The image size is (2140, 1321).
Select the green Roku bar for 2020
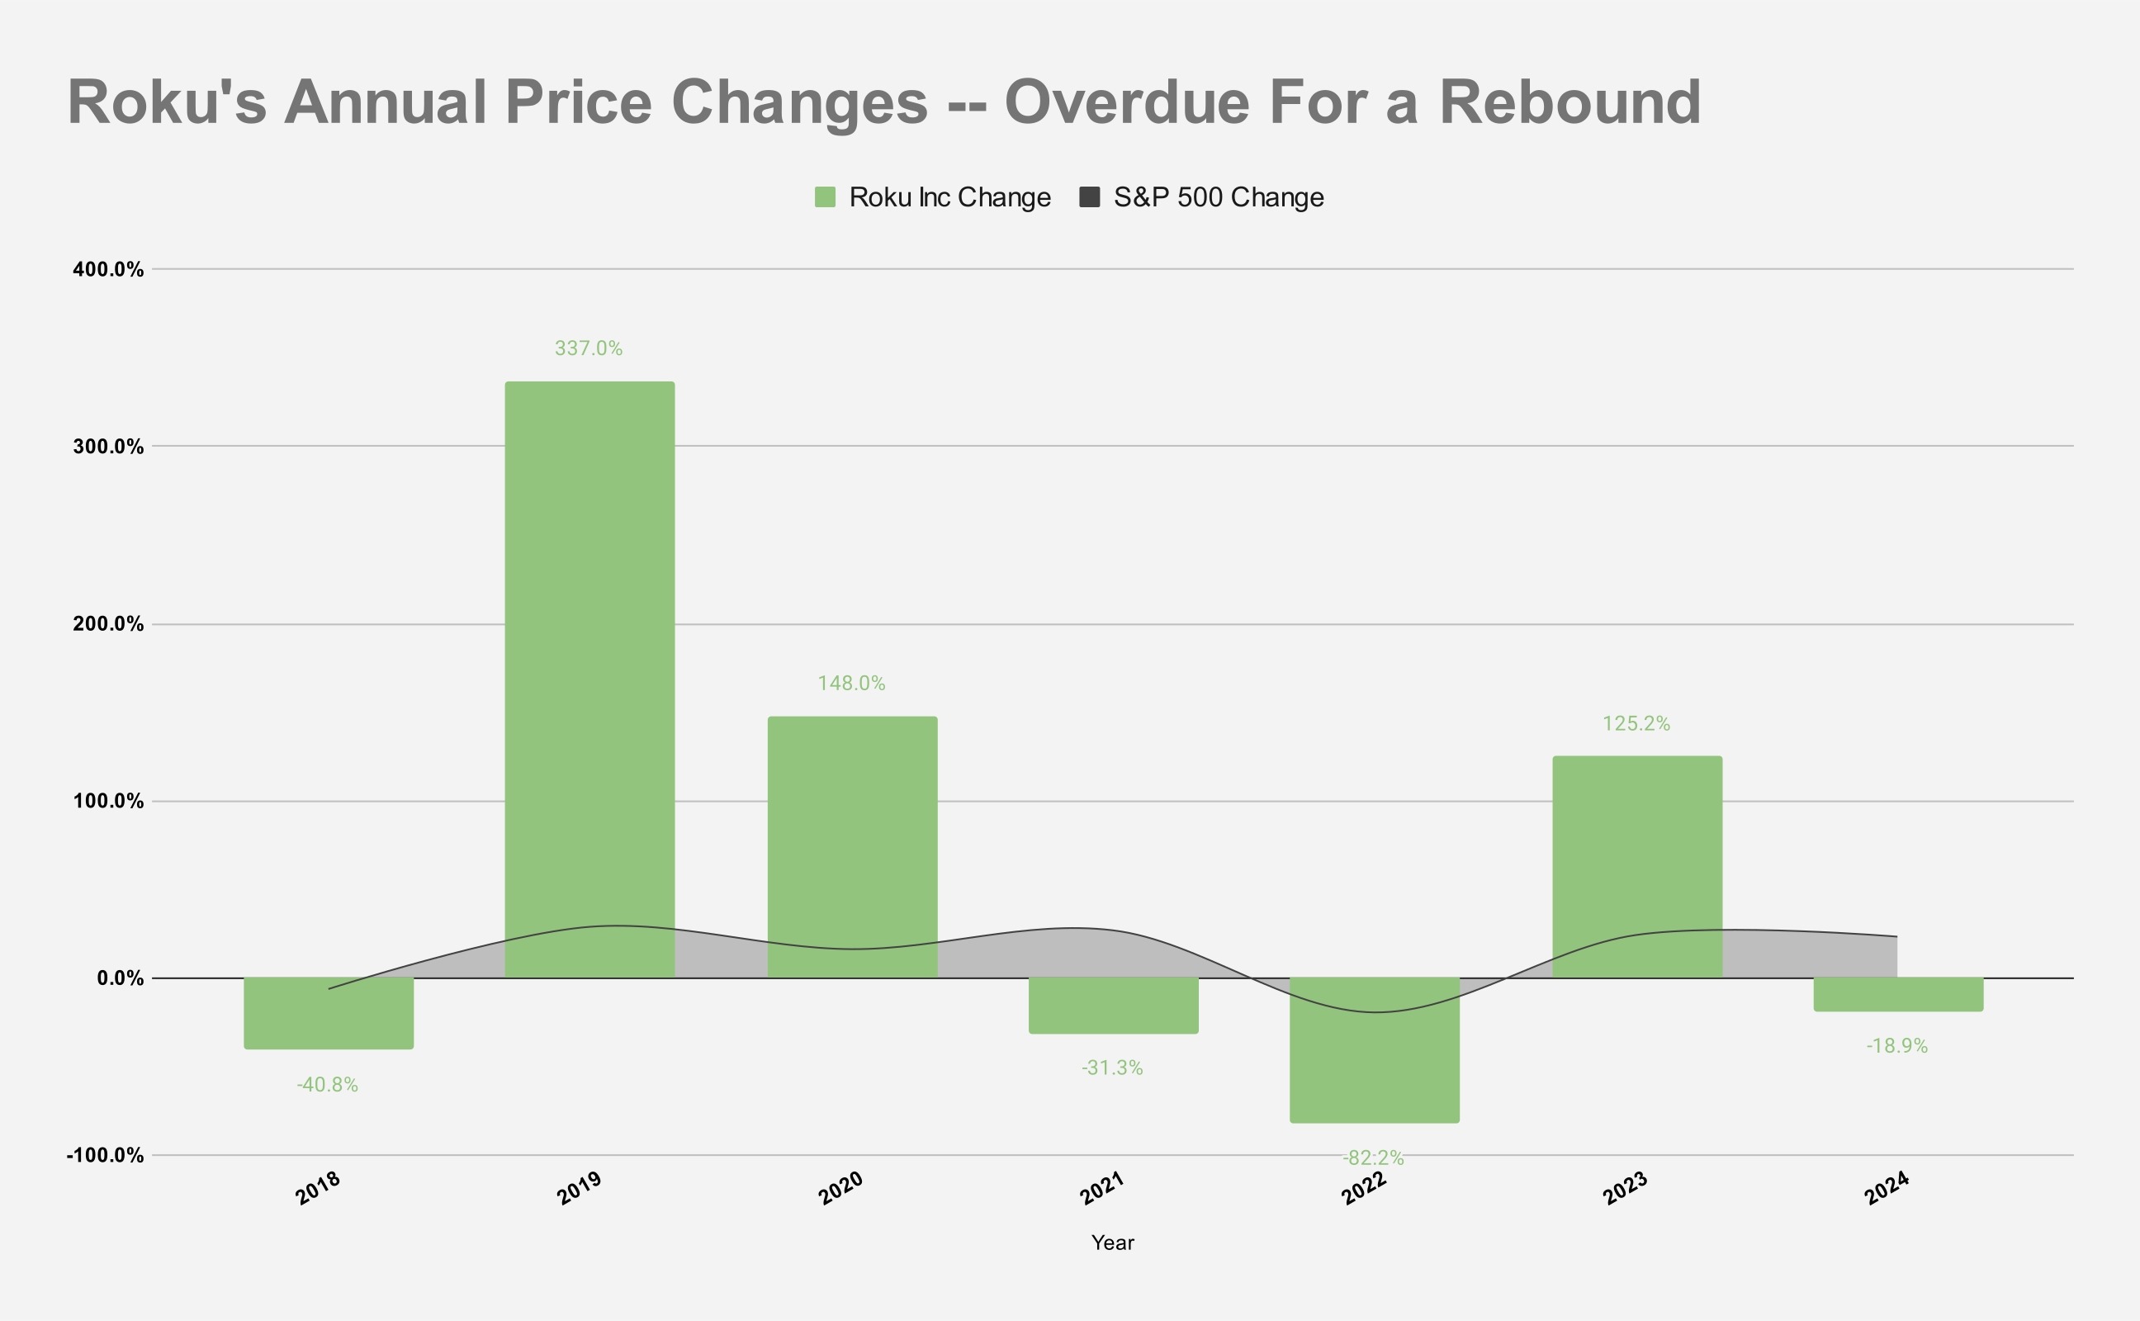pyautogui.click(x=852, y=830)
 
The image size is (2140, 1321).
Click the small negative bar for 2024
pyautogui.click(x=1898, y=994)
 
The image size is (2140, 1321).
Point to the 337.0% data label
pyautogui.click(x=589, y=348)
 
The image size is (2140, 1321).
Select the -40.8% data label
pyautogui.click(x=328, y=1085)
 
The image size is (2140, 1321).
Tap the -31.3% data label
pyautogui.click(x=1112, y=1068)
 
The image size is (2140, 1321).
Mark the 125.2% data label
pyautogui.click(x=1635, y=723)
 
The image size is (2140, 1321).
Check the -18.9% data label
pyautogui.click(x=1896, y=1046)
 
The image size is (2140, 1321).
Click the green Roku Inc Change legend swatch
pyautogui.click(x=825, y=197)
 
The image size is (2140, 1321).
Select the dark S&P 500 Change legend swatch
pyautogui.click(x=1089, y=197)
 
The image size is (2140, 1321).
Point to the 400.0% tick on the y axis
pyautogui.click(x=108, y=269)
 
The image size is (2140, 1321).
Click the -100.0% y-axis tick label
pyautogui.click(x=105, y=1155)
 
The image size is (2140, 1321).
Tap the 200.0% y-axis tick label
pyautogui.click(x=108, y=624)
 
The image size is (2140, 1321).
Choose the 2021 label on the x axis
pyautogui.click(x=1101, y=1188)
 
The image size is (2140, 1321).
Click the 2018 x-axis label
pyautogui.click(x=318, y=1188)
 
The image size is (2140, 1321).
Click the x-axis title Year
pyautogui.click(x=1112, y=1243)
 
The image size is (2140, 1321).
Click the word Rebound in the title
pyautogui.click(x=1569, y=103)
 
